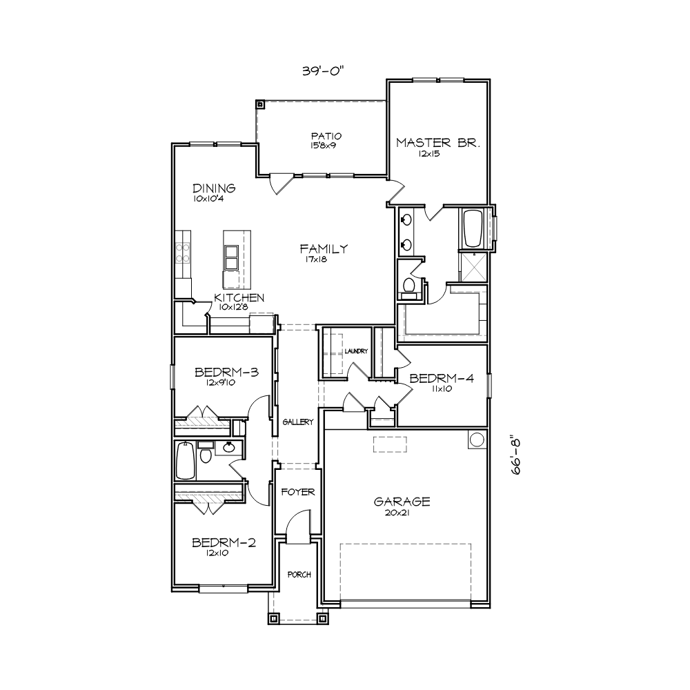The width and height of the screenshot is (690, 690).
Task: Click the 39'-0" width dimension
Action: (x=322, y=71)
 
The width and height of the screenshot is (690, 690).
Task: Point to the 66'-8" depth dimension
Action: (x=515, y=455)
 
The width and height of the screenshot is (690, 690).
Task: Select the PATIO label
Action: (x=326, y=136)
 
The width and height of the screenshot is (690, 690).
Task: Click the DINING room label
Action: (x=215, y=188)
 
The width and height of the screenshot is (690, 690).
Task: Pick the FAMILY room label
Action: (x=324, y=249)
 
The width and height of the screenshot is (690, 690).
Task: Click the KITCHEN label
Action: (x=239, y=298)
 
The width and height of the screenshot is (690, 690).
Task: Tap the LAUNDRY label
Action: (x=356, y=351)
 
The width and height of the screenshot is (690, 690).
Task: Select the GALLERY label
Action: (x=298, y=422)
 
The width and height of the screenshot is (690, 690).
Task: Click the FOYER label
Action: (x=298, y=492)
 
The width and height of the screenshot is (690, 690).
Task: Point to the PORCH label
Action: (x=299, y=575)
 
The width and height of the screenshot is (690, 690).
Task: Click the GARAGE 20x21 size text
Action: (x=397, y=513)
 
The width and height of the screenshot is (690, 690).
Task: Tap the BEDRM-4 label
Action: (x=442, y=378)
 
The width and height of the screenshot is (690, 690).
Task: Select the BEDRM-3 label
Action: (x=226, y=373)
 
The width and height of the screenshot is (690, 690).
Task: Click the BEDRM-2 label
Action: (x=224, y=542)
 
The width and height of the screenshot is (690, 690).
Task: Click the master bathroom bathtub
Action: (x=473, y=228)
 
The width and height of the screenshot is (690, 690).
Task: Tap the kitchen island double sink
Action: (x=231, y=258)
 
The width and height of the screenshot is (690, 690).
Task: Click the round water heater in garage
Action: (x=477, y=439)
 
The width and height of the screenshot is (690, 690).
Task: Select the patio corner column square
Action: (x=260, y=105)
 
